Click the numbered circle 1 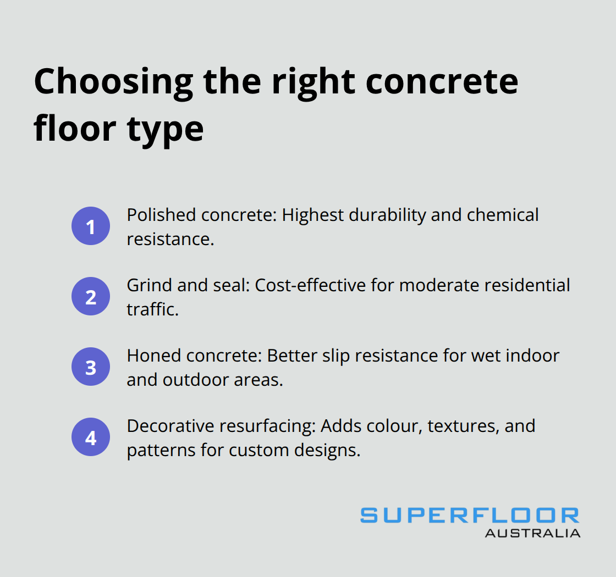click(91, 226)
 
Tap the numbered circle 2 click(91, 296)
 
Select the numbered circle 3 click(91, 367)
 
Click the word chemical click(503, 215)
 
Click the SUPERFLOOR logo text click(470, 515)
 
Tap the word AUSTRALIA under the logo click(532, 532)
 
